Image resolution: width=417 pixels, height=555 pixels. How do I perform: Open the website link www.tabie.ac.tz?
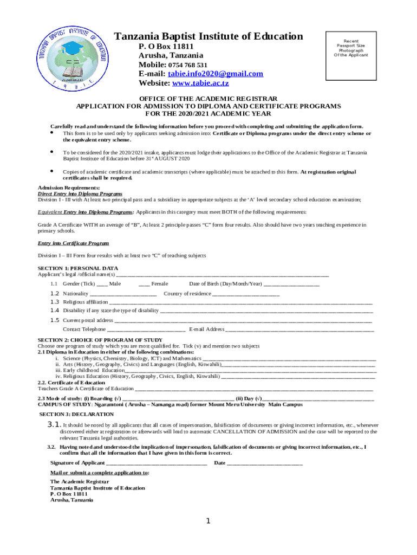click(x=200, y=83)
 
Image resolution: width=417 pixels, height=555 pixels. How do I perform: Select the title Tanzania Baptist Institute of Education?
click(x=208, y=36)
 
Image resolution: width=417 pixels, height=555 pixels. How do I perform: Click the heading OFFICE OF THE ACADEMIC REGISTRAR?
click(x=208, y=99)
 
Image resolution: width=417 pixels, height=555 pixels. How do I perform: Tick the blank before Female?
click(x=144, y=284)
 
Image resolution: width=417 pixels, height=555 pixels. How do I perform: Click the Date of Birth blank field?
click(x=291, y=284)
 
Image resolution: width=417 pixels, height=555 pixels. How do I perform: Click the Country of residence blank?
click(x=246, y=294)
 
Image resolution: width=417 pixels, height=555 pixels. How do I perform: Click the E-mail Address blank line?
click(x=299, y=330)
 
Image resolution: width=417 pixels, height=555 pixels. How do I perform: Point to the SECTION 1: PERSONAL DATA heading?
click(x=77, y=268)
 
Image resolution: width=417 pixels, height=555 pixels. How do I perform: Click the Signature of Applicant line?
click(x=157, y=463)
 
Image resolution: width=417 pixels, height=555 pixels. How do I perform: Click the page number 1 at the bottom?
click(x=208, y=521)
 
